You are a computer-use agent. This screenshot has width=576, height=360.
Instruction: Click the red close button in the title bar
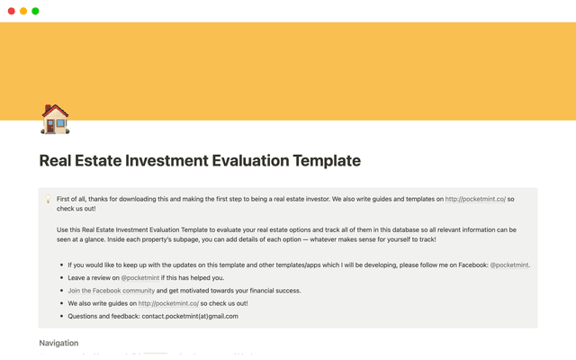tap(11, 11)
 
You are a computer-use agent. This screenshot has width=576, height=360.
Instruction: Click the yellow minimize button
tap(23, 11)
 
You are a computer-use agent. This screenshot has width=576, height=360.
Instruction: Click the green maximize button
tap(35, 11)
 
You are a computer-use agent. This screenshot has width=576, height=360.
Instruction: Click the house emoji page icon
tap(55, 119)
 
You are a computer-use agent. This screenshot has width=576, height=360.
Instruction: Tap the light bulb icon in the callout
tap(47, 198)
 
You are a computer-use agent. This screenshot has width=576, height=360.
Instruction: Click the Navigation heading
tap(58, 343)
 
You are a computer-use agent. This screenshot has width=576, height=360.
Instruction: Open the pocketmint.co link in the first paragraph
tap(475, 198)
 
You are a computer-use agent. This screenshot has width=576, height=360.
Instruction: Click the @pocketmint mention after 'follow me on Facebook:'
tap(509, 265)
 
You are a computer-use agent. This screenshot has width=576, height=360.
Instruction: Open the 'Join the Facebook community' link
tap(112, 291)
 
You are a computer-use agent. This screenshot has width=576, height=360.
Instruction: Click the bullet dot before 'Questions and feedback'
tap(60, 317)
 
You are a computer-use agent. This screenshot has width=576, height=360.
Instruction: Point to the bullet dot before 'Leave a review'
tap(60, 279)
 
